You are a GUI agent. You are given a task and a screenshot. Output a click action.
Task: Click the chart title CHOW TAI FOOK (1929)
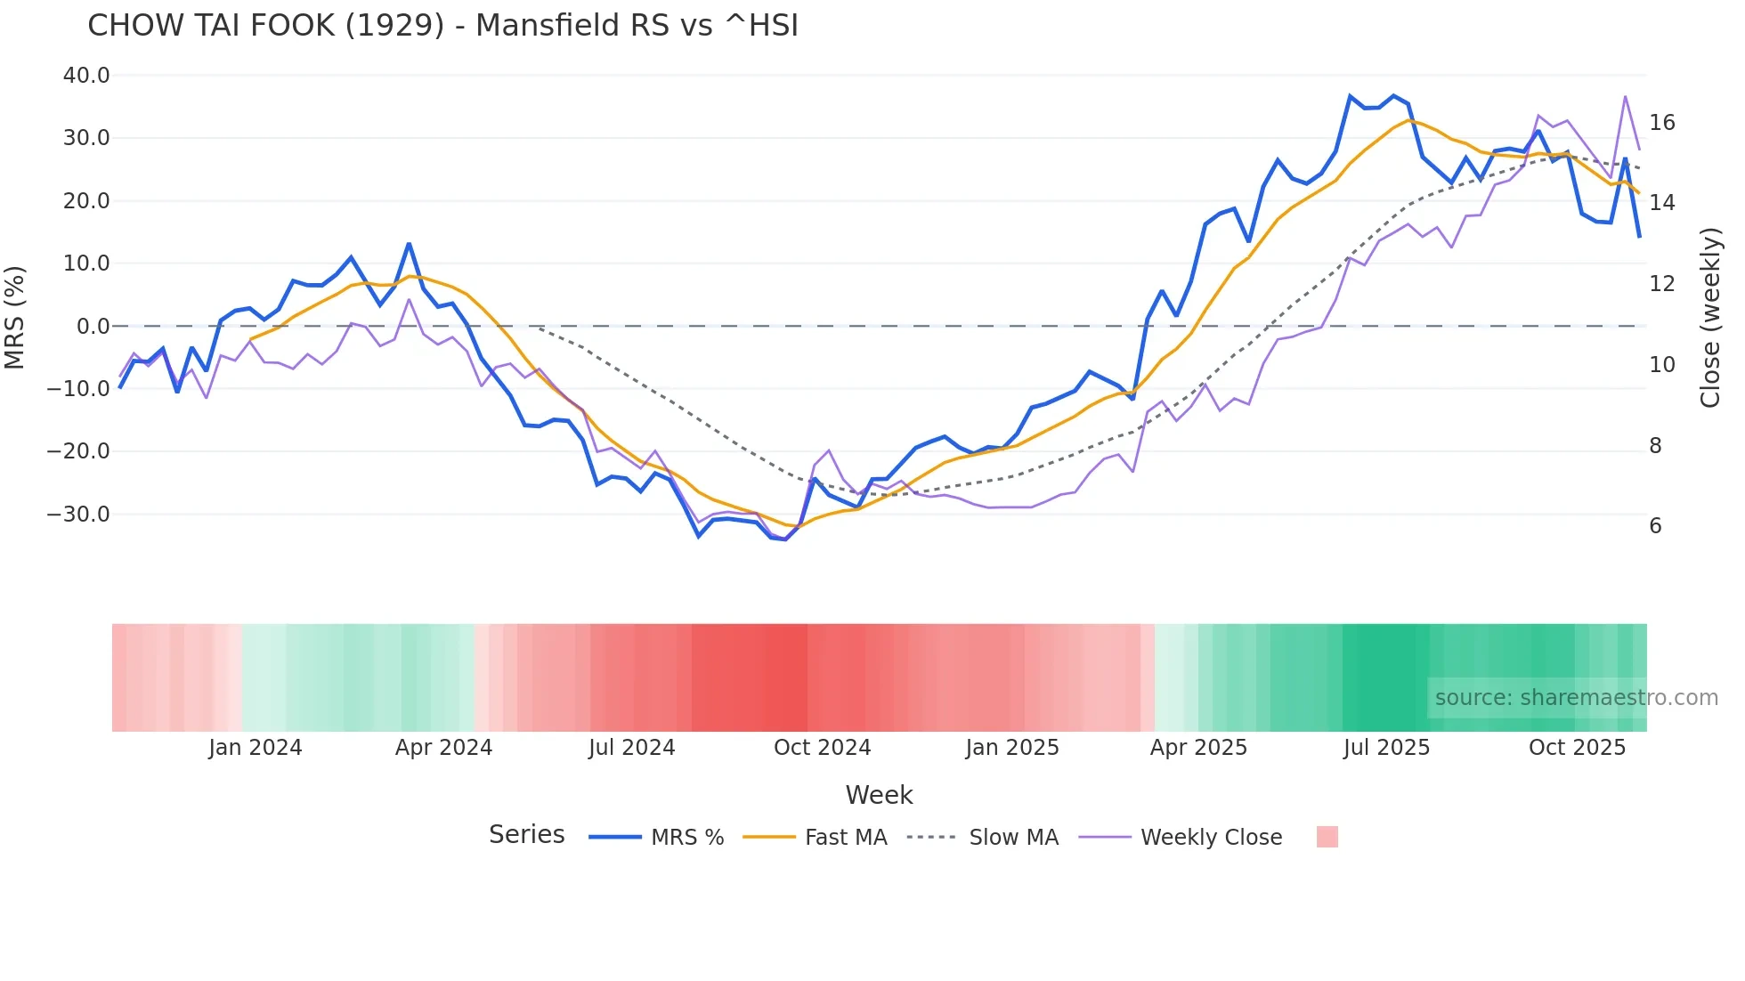[x=442, y=26]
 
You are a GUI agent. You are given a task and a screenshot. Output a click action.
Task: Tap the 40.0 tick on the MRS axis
[x=86, y=76]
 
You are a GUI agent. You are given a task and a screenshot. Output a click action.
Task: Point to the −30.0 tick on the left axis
[x=78, y=515]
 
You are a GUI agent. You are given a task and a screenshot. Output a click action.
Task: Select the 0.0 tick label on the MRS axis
[x=93, y=327]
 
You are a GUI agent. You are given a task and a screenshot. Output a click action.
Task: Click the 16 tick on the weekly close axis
[x=1661, y=123]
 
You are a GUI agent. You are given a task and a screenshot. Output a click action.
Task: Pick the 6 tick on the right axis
[x=1655, y=526]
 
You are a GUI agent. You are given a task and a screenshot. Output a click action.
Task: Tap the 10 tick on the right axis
[x=1661, y=365]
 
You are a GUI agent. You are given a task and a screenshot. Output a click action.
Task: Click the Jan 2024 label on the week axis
[x=256, y=748]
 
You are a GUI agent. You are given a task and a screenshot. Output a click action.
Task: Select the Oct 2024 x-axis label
[x=822, y=748]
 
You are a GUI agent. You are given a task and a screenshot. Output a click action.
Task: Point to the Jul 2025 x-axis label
[x=1386, y=748]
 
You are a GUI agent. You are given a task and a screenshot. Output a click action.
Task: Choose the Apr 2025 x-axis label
[x=1198, y=748]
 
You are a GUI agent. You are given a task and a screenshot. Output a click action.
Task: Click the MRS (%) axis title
[x=15, y=318]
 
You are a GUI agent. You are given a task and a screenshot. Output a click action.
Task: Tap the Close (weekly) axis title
[x=1710, y=318]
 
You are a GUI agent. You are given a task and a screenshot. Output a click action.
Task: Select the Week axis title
[x=879, y=795]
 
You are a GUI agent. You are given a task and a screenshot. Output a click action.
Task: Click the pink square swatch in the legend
[x=1327, y=837]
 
